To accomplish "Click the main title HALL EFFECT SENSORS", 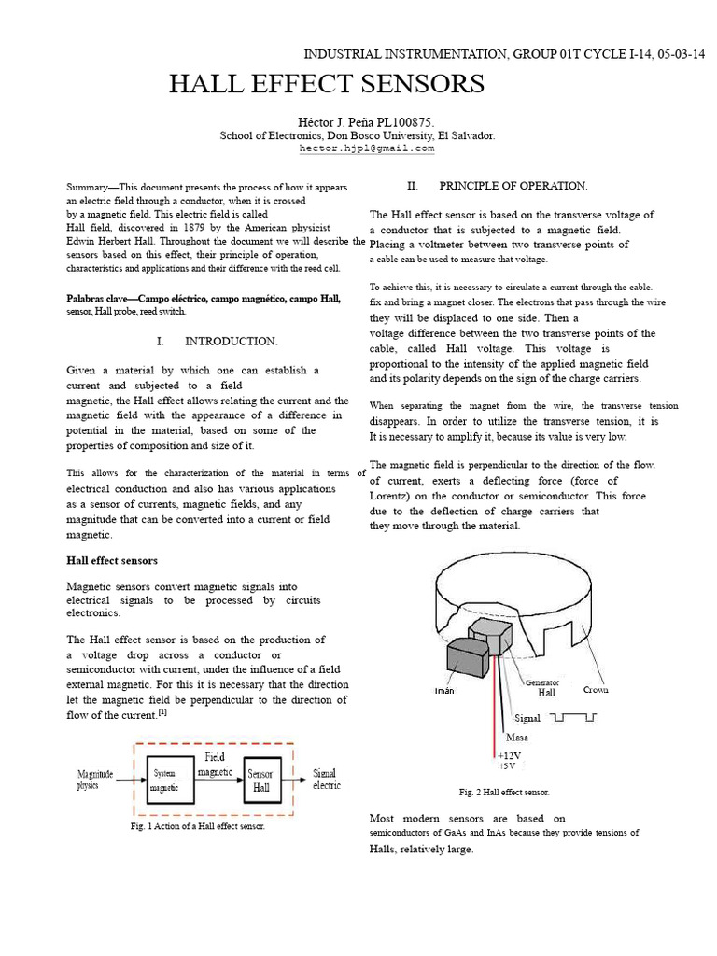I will pyautogui.click(x=326, y=84).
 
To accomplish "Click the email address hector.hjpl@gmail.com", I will pyautogui.click(x=367, y=148).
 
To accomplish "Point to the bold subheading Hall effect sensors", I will pyautogui.click(x=112, y=560).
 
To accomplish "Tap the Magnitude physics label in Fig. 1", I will pyautogui.click(x=94, y=780).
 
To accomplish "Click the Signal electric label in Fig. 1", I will pyautogui.click(x=326, y=779).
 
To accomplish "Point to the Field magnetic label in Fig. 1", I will pyautogui.click(x=215, y=765).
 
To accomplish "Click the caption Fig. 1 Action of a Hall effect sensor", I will pyautogui.click(x=198, y=826).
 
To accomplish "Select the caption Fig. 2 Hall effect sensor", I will pyautogui.click(x=504, y=792).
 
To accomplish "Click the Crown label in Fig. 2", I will pyautogui.click(x=596, y=690).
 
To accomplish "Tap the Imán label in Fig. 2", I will pyautogui.click(x=444, y=691).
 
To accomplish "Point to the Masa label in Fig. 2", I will pyautogui.click(x=516, y=738).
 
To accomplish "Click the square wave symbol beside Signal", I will pyautogui.click(x=573, y=719).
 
